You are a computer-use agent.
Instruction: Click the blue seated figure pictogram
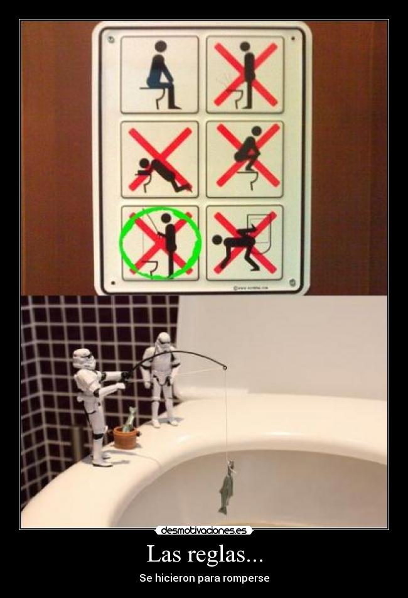(160, 74)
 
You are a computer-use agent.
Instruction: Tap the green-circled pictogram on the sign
(160, 243)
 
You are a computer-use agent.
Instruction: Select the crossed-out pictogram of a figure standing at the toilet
(245, 74)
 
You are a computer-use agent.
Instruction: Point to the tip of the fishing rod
(225, 367)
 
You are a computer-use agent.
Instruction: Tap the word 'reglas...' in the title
(224, 555)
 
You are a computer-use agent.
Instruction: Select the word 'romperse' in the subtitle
(248, 578)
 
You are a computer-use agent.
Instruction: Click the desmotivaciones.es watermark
(203, 531)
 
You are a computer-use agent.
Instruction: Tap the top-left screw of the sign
(110, 39)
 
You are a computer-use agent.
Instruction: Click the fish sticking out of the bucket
(130, 418)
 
